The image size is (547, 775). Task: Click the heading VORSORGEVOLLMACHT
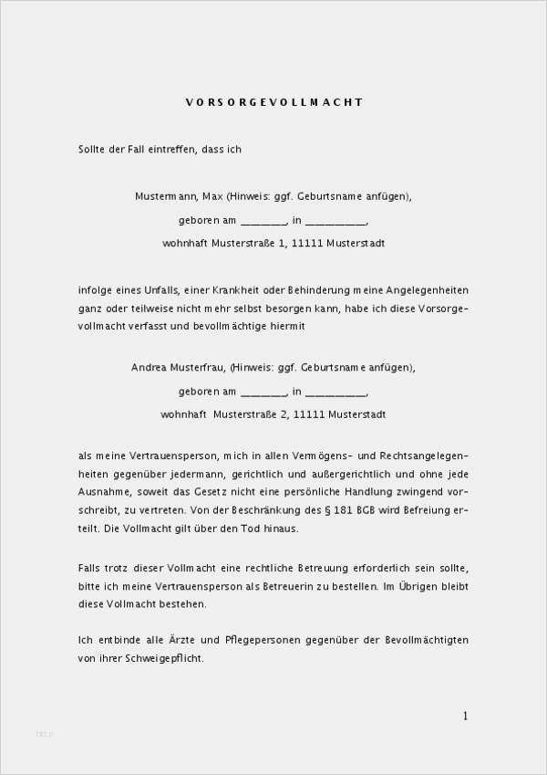273,102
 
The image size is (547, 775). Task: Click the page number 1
465,716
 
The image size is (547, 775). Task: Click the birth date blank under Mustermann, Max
263,221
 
